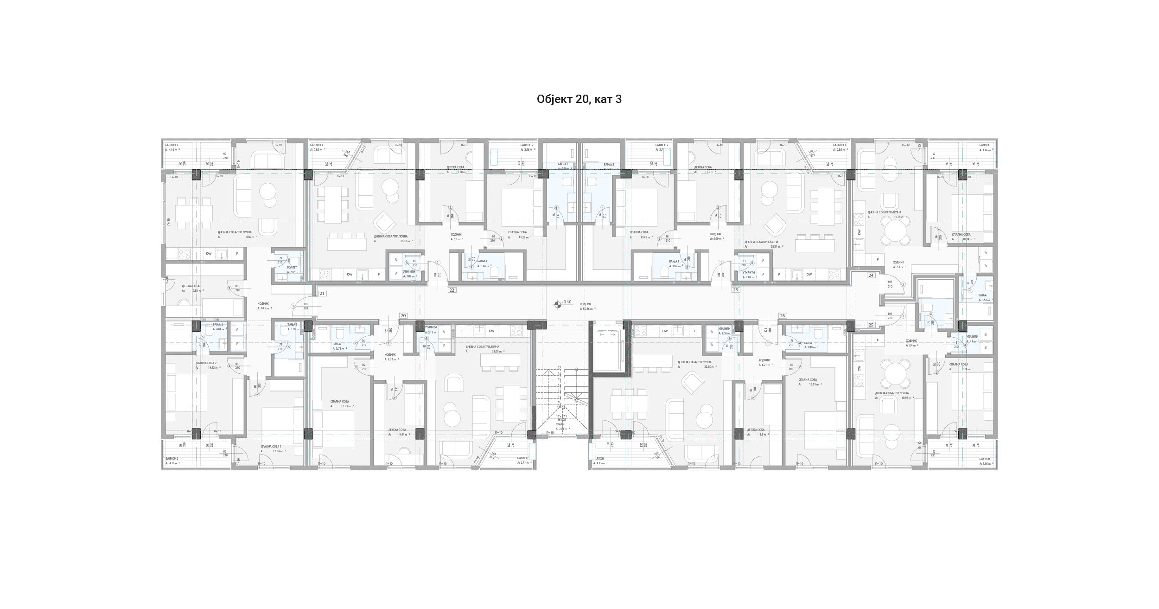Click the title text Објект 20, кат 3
pos(579,99)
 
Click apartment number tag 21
pos(322,294)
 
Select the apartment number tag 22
pos(452,290)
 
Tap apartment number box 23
pos(735,290)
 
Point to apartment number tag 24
pos(871,276)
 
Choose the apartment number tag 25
pos(871,325)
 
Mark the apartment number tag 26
pos(783,316)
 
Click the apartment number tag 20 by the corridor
pos(403,316)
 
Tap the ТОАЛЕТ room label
pos(292,268)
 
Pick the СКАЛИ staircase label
pos(560,424)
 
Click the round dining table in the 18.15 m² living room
pos(896,231)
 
